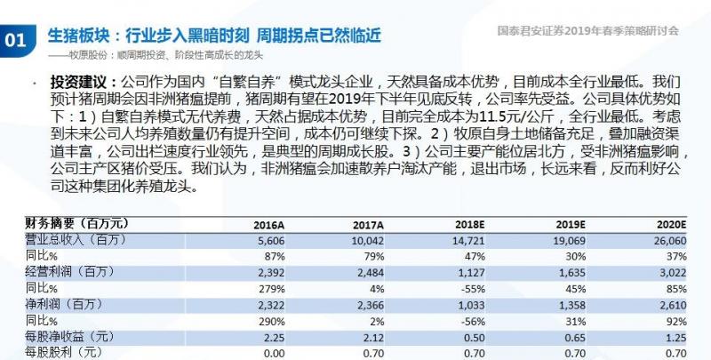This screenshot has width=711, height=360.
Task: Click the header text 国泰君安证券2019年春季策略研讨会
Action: (x=589, y=29)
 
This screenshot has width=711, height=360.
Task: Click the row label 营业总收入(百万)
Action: (x=64, y=240)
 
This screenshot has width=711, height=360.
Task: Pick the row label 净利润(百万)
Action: (x=53, y=304)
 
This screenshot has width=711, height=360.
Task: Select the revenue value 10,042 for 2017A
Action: (x=365, y=240)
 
